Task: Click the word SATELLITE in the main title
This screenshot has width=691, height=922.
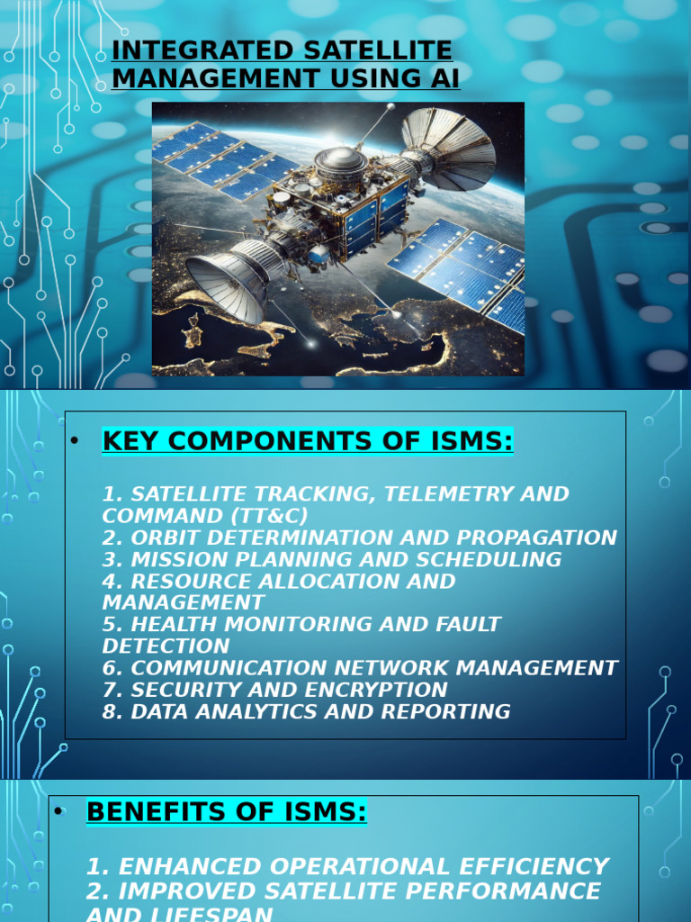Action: [x=372, y=50]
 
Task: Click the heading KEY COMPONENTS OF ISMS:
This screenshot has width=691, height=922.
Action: [x=308, y=441]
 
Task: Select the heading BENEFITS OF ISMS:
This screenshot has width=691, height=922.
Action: [x=226, y=812]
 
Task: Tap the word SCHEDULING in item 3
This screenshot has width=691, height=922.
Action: [x=494, y=559]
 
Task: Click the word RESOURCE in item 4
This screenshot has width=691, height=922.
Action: [x=192, y=581]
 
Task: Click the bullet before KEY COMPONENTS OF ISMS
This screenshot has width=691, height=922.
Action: [x=75, y=441]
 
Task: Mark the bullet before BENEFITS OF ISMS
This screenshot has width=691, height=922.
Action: [x=58, y=812]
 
